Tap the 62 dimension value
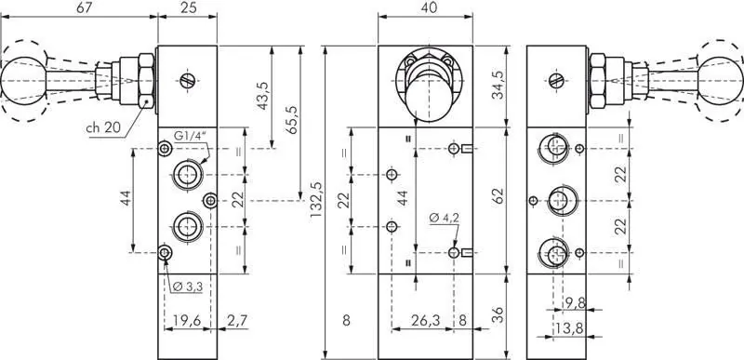(x=497, y=196)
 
